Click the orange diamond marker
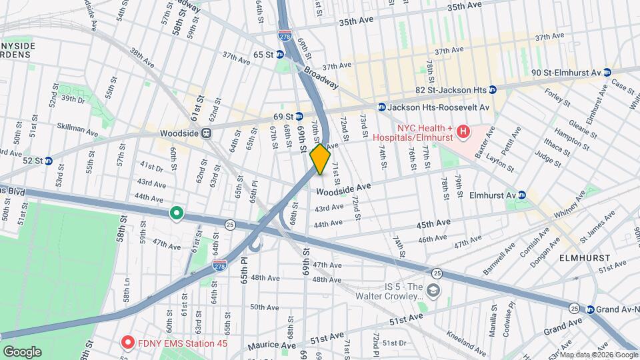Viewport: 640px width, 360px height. click(320, 159)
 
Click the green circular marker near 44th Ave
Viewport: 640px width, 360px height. click(176, 213)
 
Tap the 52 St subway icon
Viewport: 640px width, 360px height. click(48, 161)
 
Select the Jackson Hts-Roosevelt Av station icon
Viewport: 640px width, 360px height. click(382, 107)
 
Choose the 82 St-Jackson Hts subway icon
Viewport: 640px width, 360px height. click(493, 89)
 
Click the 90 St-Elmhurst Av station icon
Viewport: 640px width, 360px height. click(607, 72)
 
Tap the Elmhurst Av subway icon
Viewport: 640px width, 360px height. click(522, 195)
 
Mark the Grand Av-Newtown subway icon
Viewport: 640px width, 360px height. click(591, 309)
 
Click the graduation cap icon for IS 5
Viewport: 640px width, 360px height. click(433, 290)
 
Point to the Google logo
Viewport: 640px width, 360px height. click(22, 351)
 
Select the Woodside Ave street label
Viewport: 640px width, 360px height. click(343, 191)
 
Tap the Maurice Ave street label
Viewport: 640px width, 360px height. click(271, 345)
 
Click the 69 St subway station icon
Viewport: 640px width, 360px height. click(299, 116)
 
